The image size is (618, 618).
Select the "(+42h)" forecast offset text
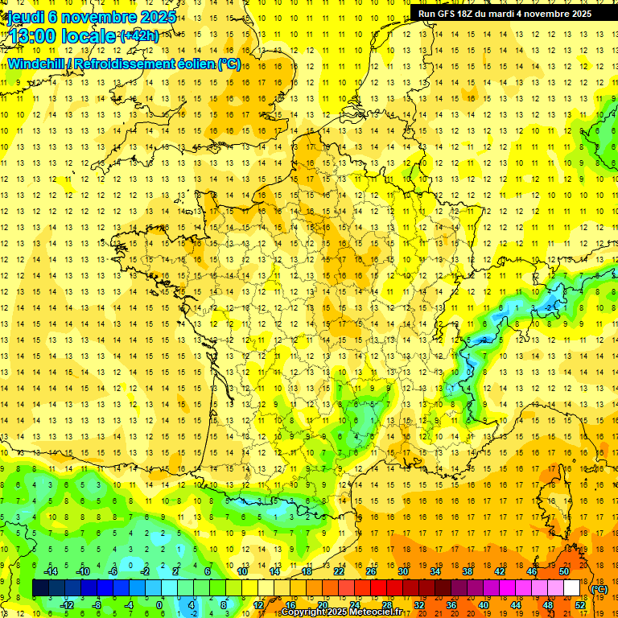point(138,35)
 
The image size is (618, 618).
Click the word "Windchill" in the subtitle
point(35,64)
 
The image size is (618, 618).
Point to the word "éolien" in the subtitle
point(192,64)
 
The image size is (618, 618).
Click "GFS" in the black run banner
point(451,14)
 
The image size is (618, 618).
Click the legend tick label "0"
point(159,605)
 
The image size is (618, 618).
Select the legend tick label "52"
point(580,605)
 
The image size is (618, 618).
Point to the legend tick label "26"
point(371,571)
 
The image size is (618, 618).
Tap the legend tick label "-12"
point(68,605)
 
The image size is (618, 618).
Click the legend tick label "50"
point(564,571)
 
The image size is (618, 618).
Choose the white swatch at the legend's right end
point(571,588)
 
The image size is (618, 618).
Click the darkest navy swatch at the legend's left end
point(40,588)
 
